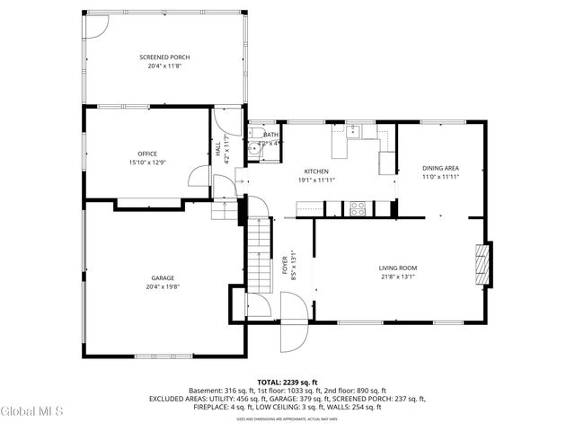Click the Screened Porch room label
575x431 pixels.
point(164,57)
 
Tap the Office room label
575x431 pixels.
point(147,154)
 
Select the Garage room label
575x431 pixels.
point(163,278)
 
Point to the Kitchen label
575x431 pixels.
point(316,172)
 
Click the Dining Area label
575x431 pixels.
point(441,168)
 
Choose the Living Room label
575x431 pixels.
point(397,268)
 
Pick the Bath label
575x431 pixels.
point(270,135)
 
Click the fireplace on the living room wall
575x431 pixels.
point(483,265)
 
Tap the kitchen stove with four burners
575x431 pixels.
point(358,208)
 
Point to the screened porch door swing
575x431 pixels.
point(93,25)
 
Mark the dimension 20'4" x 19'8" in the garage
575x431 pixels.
point(163,287)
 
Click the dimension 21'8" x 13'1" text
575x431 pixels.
point(397,277)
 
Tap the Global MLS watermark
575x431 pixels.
point(32,412)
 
